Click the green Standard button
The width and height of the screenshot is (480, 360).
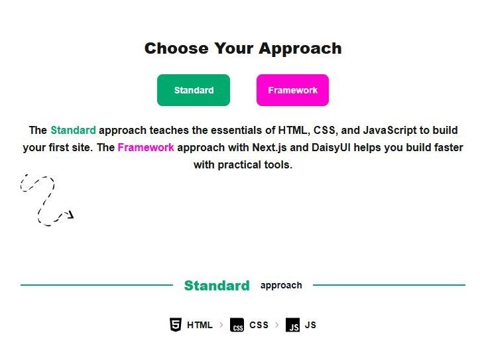[194, 90]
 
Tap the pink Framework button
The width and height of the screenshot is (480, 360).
[292, 90]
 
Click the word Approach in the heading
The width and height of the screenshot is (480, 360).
[300, 49]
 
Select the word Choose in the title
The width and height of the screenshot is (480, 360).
[176, 48]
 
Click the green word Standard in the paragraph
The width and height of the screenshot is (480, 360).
[73, 130]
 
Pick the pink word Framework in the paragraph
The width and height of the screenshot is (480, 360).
[146, 147]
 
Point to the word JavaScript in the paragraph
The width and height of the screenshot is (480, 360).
[390, 131]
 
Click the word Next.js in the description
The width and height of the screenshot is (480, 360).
[269, 148]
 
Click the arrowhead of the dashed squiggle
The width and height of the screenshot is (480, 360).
[71, 215]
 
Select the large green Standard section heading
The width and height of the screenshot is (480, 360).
[217, 285]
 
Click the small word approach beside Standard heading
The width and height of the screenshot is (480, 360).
[281, 286]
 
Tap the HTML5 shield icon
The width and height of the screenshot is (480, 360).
[176, 324]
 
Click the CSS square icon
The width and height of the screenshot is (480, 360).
[237, 325]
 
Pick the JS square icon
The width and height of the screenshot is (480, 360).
[292, 325]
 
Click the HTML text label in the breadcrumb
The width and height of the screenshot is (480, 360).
[200, 325]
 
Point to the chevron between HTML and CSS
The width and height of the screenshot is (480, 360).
[221, 325]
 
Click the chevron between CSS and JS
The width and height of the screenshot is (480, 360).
[277, 325]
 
